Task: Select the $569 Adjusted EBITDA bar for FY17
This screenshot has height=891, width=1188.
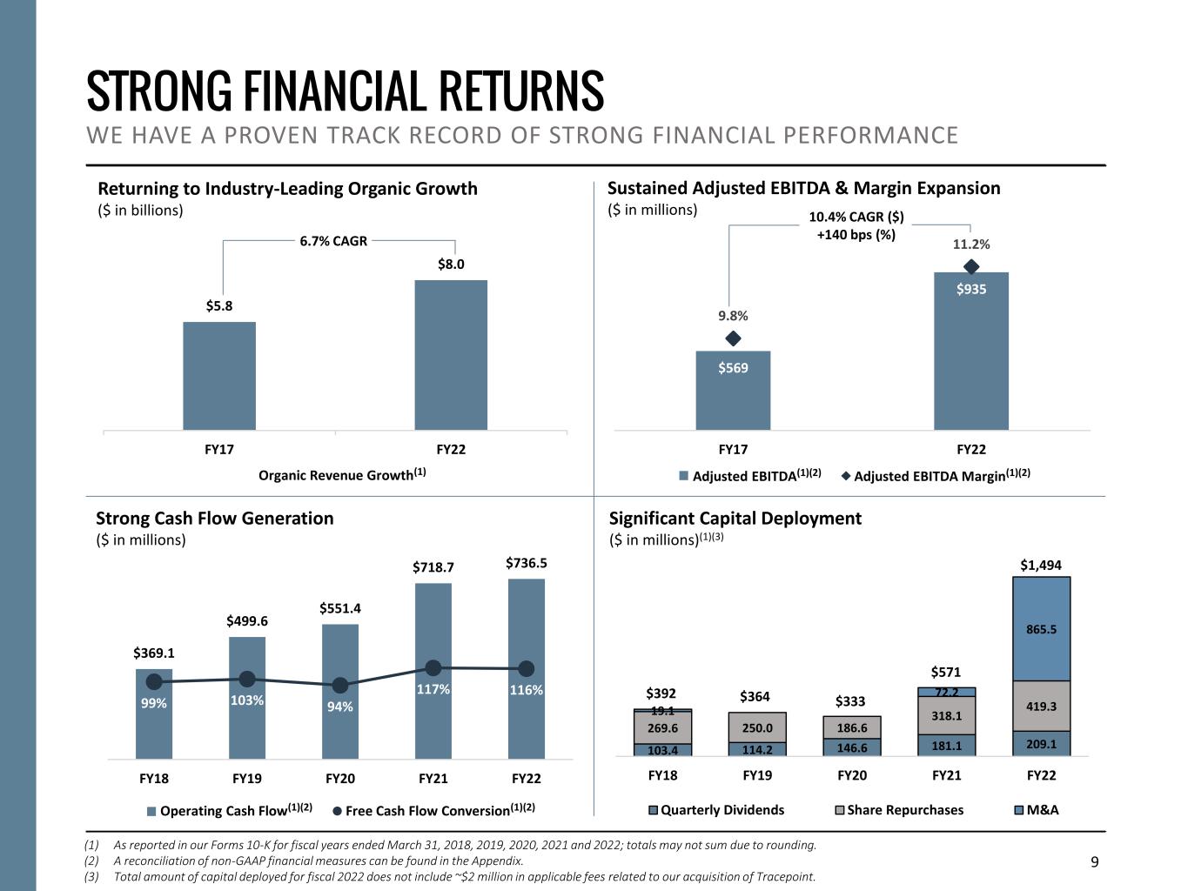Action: click(x=733, y=390)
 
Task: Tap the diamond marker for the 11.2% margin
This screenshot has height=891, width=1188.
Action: click(x=971, y=266)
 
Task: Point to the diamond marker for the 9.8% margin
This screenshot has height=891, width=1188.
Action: click(x=733, y=338)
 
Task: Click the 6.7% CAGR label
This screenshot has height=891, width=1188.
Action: click(x=333, y=241)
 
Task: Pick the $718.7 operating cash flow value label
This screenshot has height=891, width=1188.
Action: click(x=433, y=567)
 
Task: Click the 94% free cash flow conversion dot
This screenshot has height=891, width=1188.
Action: click(x=340, y=685)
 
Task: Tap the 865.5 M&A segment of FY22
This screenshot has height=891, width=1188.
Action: click(x=1041, y=628)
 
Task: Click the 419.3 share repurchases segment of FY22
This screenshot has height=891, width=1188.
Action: click(x=1041, y=706)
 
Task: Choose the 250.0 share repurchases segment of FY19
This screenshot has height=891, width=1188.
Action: click(x=757, y=727)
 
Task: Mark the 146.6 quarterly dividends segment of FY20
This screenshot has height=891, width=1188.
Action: click(x=852, y=747)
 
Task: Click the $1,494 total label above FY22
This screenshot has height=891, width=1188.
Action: click(x=1041, y=566)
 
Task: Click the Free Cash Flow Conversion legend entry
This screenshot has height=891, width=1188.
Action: click(x=433, y=811)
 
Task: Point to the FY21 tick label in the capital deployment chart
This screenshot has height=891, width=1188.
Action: click(x=946, y=775)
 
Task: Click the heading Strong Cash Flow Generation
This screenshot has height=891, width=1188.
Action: click(x=214, y=519)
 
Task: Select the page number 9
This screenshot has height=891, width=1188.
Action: click(x=1095, y=862)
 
